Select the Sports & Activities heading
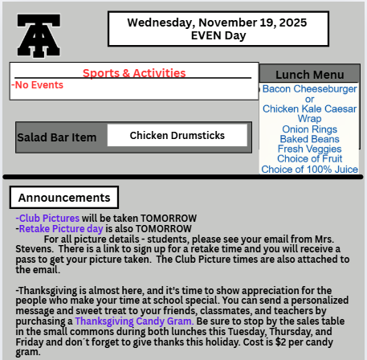(x=134, y=73)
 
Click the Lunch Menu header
(x=309, y=74)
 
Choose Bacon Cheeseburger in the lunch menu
(x=309, y=88)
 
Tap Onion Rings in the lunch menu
(x=309, y=129)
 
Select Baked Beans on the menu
(x=309, y=139)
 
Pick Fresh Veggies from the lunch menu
(x=309, y=149)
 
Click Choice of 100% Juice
(x=309, y=169)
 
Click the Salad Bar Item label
(x=57, y=137)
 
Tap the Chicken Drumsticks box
(x=177, y=136)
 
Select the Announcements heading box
(x=64, y=197)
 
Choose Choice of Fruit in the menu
(x=309, y=159)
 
